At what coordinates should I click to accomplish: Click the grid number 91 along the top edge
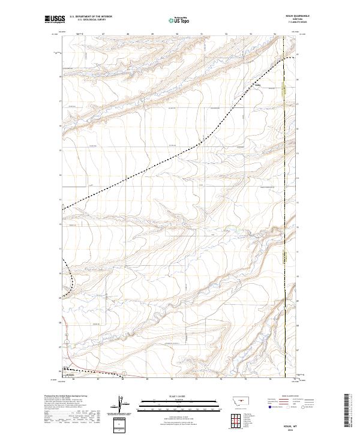click(x=202, y=34)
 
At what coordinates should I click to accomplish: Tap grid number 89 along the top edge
click(x=152, y=34)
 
